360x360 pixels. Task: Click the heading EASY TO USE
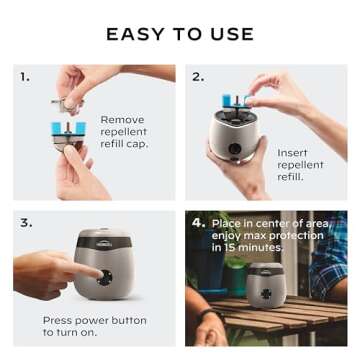(x=179, y=34)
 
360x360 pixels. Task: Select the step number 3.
(x=24, y=222)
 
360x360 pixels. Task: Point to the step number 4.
(x=198, y=221)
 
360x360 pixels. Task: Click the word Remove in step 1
(x=123, y=120)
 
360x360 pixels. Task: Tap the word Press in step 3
(x=61, y=320)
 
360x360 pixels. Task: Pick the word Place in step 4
(x=228, y=221)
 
